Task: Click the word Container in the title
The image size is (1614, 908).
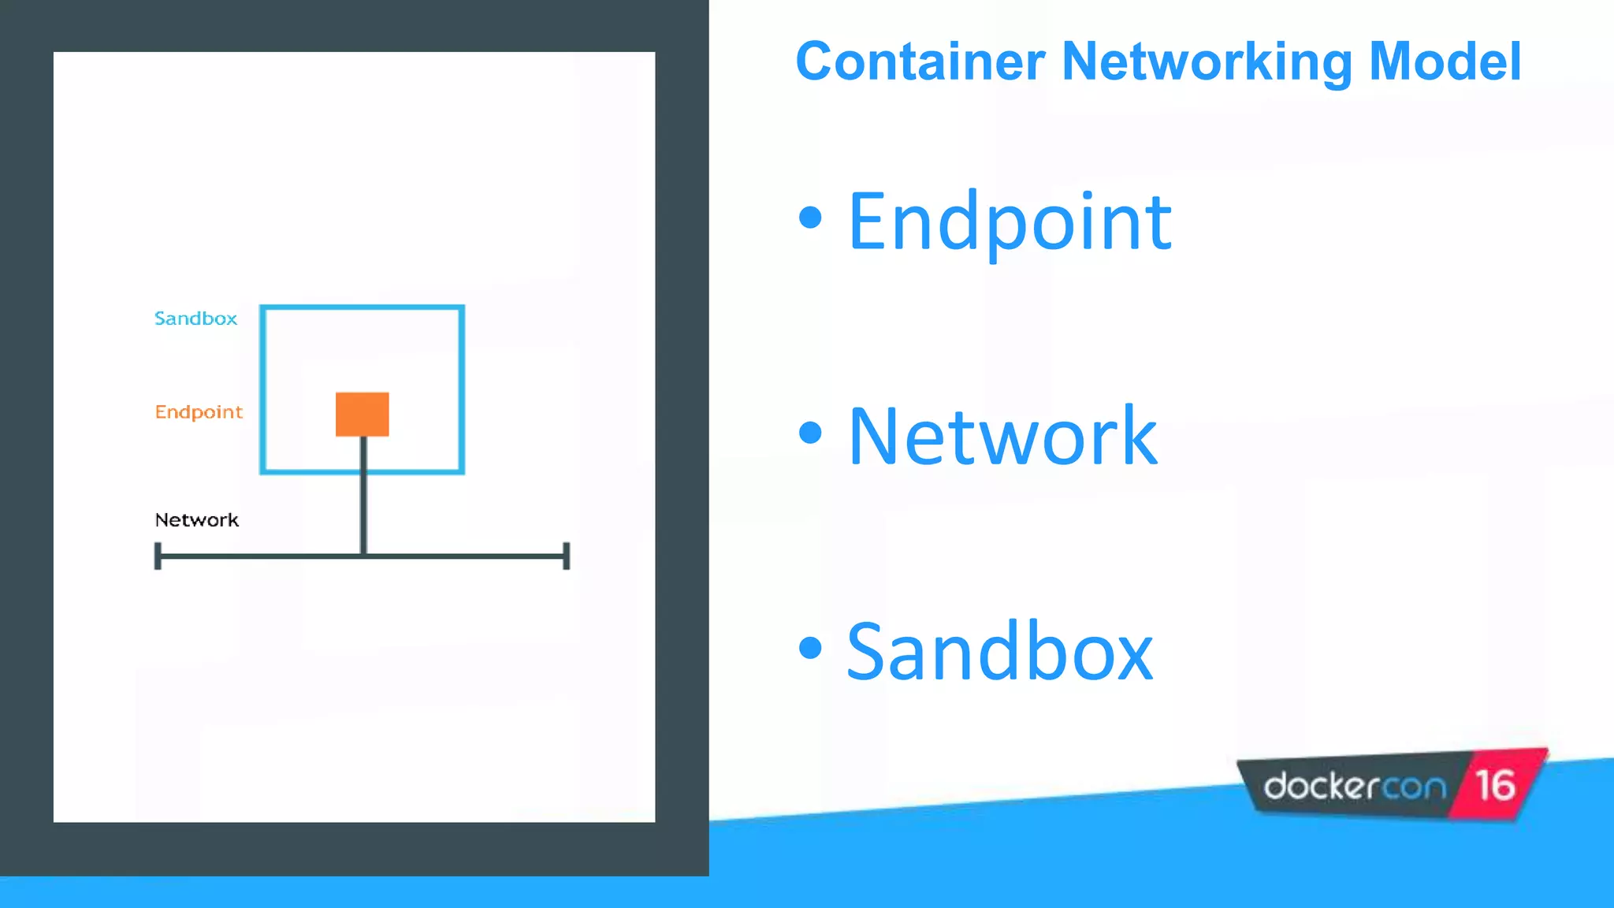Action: (x=920, y=61)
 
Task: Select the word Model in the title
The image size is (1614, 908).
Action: (x=1445, y=61)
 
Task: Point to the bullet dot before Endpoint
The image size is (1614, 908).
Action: (x=810, y=218)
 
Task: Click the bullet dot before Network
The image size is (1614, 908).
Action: (x=810, y=432)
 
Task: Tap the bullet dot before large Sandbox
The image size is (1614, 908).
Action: (x=810, y=647)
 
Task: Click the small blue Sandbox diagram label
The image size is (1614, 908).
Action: (x=195, y=318)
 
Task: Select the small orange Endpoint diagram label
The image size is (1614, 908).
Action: (x=199, y=411)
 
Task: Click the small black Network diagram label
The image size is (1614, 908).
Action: (x=196, y=520)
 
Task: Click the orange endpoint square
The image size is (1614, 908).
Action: (x=363, y=414)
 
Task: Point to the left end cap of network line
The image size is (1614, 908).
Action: (x=158, y=556)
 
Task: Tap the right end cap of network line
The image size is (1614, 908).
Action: (x=566, y=556)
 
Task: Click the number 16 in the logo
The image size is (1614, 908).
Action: (x=1495, y=785)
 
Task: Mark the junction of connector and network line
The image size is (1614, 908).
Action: (x=363, y=556)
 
